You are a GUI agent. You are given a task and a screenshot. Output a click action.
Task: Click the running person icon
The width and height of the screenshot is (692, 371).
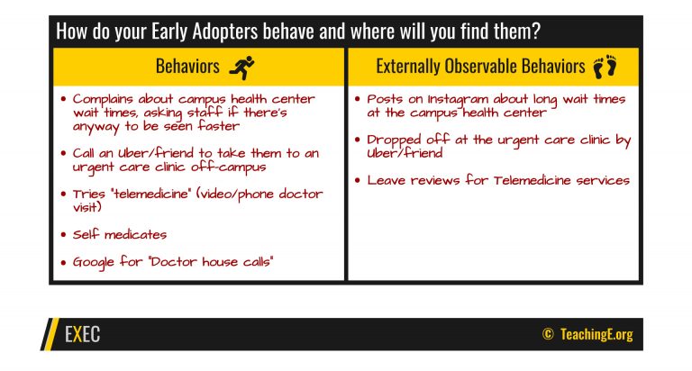(241, 68)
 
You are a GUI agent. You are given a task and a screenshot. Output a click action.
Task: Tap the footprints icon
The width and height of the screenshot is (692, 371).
(605, 67)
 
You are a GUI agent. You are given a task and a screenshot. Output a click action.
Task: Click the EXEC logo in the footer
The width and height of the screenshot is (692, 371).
(83, 334)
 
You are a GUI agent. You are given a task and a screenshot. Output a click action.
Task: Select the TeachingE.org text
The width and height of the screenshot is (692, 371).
(596, 334)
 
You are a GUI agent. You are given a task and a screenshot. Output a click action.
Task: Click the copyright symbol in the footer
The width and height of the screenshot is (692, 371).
(548, 333)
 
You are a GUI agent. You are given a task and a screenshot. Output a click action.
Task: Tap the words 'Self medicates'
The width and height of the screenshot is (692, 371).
(120, 234)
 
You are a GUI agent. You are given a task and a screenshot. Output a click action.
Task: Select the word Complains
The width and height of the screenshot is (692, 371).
(103, 100)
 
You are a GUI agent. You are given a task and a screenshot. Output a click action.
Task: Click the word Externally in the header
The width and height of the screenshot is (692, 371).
(408, 67)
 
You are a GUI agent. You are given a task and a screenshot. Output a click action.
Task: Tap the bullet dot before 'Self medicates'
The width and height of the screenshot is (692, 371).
(64, 235)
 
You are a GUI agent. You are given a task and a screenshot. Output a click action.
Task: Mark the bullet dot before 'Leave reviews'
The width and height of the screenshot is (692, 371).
(358, 180)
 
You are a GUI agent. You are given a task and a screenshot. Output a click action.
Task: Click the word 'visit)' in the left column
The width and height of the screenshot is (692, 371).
(86, 207)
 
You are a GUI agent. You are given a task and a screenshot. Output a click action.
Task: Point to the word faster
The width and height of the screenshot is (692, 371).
(218, 126)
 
